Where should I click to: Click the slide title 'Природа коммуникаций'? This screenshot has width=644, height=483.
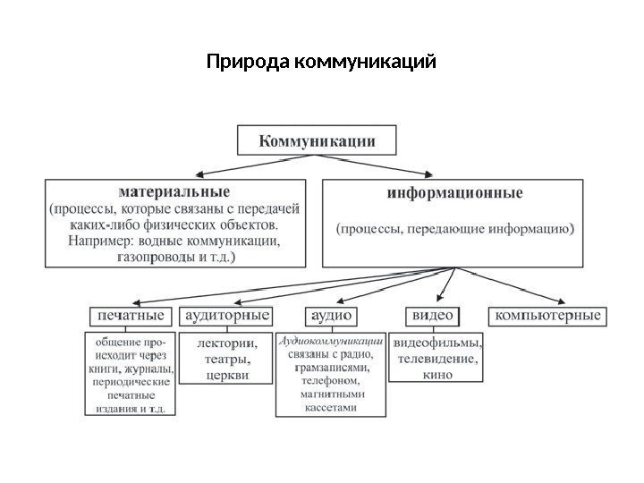tap(321, 64)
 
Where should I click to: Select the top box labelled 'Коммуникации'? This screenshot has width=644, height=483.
tap(318, 140)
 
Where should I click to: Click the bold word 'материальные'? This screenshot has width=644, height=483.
tap(174, 191)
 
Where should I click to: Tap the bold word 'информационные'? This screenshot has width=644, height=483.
tap(455, 192)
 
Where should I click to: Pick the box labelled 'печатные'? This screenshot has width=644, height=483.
tap(131, 316)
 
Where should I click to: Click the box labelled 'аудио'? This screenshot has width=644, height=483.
tap(331, 316)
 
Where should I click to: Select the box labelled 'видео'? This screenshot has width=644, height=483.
tap(432, 316)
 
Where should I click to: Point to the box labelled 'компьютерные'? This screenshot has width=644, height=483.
tap(548, 316)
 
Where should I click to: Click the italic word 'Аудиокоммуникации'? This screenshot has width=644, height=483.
tap(331, 341)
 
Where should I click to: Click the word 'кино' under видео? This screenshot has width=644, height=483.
tap(437, 374)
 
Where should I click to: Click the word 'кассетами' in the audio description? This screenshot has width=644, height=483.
tap(330, 407)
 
